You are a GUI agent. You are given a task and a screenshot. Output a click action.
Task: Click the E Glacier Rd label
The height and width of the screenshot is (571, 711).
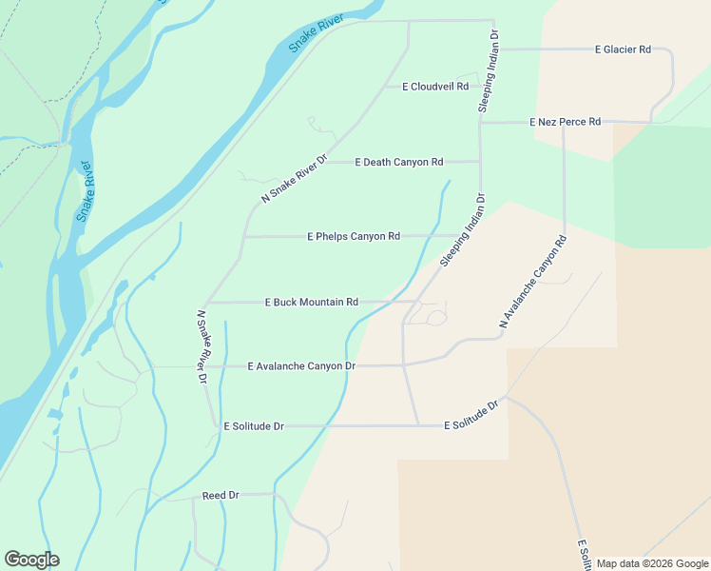623,49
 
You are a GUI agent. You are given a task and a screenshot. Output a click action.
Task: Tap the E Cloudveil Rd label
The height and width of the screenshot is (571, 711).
435,87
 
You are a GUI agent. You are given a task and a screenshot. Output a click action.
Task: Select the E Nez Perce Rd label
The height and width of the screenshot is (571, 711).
566,122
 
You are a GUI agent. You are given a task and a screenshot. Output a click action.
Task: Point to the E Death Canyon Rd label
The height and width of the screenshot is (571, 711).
399,162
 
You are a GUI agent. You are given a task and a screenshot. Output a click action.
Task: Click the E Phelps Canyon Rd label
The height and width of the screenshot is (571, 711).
354,236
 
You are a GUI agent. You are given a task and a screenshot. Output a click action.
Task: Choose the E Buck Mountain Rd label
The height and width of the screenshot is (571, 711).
311,302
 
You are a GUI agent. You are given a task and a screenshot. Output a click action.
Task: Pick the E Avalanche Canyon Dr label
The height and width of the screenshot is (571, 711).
301,365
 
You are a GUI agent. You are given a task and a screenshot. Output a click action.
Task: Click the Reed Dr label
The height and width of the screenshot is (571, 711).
221,496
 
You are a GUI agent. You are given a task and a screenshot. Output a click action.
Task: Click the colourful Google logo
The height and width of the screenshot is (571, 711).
31,560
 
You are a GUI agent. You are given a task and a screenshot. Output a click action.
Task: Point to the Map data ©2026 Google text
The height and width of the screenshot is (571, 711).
652,563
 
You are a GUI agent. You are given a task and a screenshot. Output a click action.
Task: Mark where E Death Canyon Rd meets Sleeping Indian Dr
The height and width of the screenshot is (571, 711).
480,162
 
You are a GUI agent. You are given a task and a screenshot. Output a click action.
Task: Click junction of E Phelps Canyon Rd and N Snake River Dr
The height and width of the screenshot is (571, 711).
245,236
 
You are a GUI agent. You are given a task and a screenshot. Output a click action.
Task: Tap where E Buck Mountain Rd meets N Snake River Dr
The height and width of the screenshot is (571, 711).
207,303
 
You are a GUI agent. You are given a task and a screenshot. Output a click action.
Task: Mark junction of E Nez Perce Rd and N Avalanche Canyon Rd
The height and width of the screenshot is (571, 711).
564,123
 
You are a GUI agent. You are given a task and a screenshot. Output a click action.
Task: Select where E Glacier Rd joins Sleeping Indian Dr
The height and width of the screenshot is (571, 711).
496,49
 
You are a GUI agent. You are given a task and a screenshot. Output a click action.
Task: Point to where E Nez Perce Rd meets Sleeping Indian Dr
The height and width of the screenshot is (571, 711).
480,122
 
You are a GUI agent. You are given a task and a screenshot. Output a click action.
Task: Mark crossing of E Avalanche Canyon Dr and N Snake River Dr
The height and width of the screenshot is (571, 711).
207,365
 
